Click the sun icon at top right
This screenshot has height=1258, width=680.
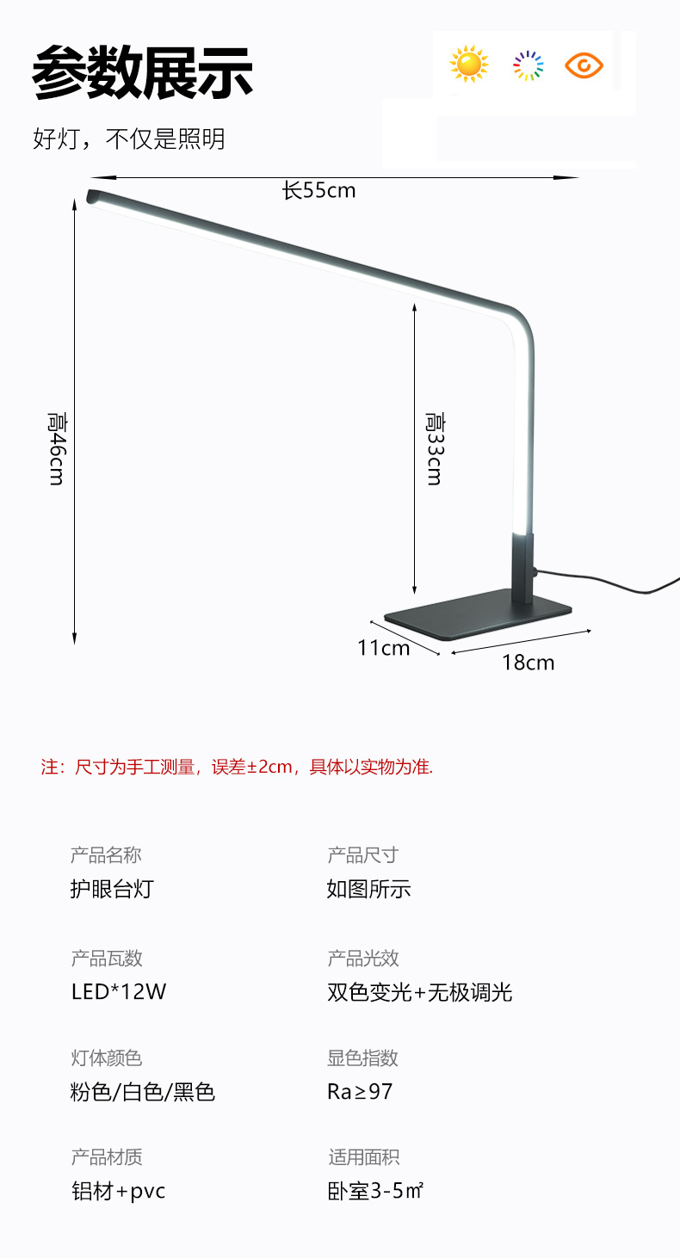[x=468, y=65]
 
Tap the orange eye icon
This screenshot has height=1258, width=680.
[x=584, y=65]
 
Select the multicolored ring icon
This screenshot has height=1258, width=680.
[x=528, y=65]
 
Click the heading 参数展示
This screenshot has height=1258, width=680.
[x=142, y=72]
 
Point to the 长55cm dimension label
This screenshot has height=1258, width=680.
[x=319, y=190]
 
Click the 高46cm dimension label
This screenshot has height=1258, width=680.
[x=57, y=447]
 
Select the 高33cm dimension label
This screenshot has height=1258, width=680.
[x=435, y=447]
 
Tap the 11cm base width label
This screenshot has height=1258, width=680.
[x=383, y=647]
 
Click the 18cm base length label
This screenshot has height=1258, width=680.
[x=528, y=662]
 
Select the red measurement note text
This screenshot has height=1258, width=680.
[x=237, y=767]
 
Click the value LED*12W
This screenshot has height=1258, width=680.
[x=119, y=991]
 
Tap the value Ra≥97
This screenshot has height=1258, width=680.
[x=360, y=1091]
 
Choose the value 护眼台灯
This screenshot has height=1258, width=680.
[x=112, y=889]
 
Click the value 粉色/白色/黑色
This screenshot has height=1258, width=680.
[x=142, y=1092]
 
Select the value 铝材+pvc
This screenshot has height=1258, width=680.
[x=118, y=1192]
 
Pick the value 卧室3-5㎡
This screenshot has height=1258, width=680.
[x=375, y=1192]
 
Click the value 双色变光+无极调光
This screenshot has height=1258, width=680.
[x=419, y=992]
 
